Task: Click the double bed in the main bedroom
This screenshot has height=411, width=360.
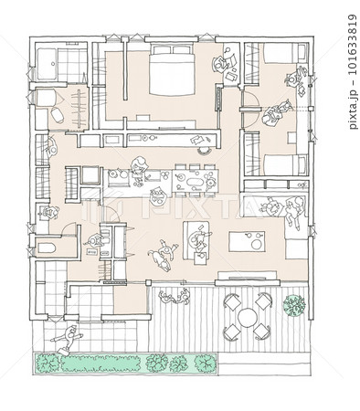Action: [172, 69]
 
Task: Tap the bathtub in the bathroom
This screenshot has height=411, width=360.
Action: [47, 64]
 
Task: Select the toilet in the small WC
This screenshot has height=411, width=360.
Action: [47, 248]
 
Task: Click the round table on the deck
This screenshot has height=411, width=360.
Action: [248, 317]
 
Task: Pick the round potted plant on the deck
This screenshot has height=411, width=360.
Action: [294, 305]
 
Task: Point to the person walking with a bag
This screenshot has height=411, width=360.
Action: [68, 339]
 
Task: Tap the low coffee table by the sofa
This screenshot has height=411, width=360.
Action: [247, 241]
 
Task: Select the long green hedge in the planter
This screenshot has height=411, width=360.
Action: [101, 364]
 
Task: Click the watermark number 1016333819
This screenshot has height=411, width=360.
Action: [353, 45]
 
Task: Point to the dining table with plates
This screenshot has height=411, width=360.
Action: [195, 181]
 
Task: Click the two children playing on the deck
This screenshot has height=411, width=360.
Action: [175, 296]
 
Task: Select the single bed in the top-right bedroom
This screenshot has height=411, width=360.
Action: [286, 53]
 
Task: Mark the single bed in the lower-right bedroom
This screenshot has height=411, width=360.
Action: [286, 165]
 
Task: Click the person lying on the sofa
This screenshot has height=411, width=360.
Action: [294, 213]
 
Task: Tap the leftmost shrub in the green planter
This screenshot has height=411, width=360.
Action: [48, 363]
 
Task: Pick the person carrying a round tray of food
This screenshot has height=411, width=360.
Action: [157, 196]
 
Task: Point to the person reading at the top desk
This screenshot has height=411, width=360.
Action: [221, 63]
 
